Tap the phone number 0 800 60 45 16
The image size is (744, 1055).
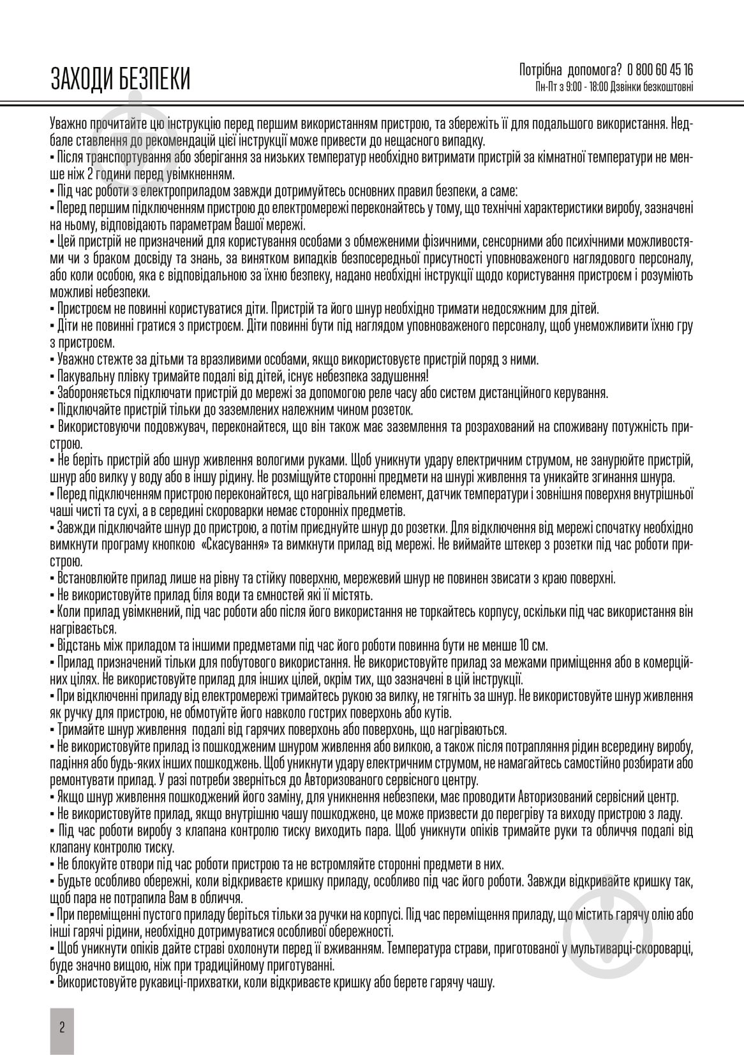pos(660,70)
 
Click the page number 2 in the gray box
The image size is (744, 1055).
pos(62,1026)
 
